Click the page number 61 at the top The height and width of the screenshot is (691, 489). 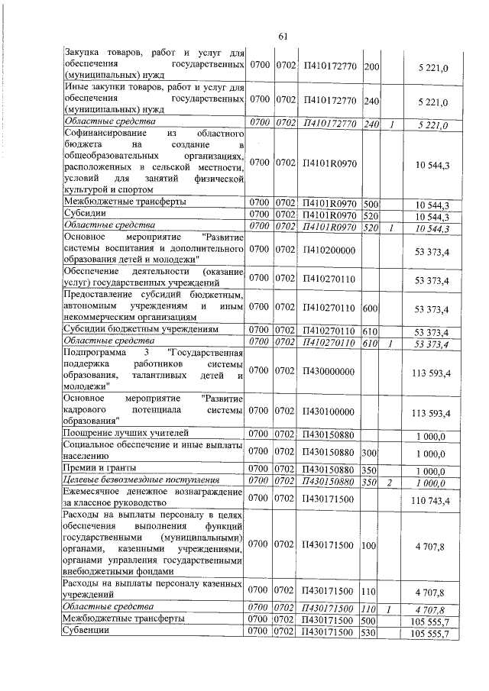click(x=282, y=37)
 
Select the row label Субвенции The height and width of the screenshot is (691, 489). click(x=86, y=633)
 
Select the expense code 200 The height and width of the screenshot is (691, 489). click(x=372, y=69)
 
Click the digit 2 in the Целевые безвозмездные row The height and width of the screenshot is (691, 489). click(x=390, y=480)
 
